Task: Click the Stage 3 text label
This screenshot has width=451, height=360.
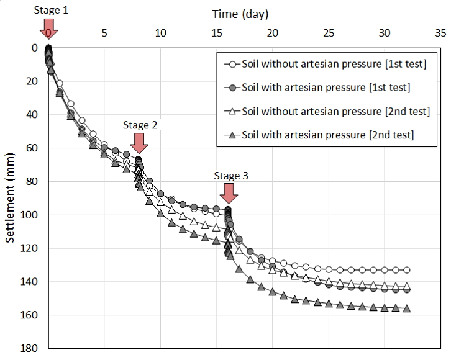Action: click(230, 176)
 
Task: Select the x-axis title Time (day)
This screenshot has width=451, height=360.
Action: click(240, 14)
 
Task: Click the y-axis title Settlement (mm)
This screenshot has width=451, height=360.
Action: click(11, 197)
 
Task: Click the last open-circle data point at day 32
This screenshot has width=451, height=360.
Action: click(407, 270)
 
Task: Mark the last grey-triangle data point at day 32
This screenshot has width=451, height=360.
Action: click(407, 308)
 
